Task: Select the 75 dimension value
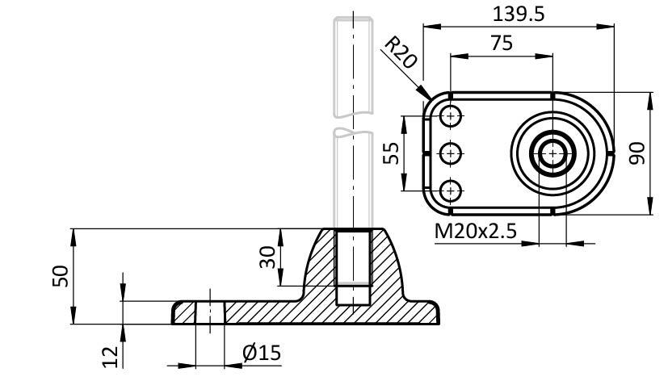point(501,44)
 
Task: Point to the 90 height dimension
point(638,153)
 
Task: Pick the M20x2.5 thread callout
point(476,232)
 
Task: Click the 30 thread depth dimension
point(268,257)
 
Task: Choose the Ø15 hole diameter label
point(261,353)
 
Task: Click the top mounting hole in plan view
point(451,115)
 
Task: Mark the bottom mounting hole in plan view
point(451,190)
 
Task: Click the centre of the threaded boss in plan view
point(553,153)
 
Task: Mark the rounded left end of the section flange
point(174,313)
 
